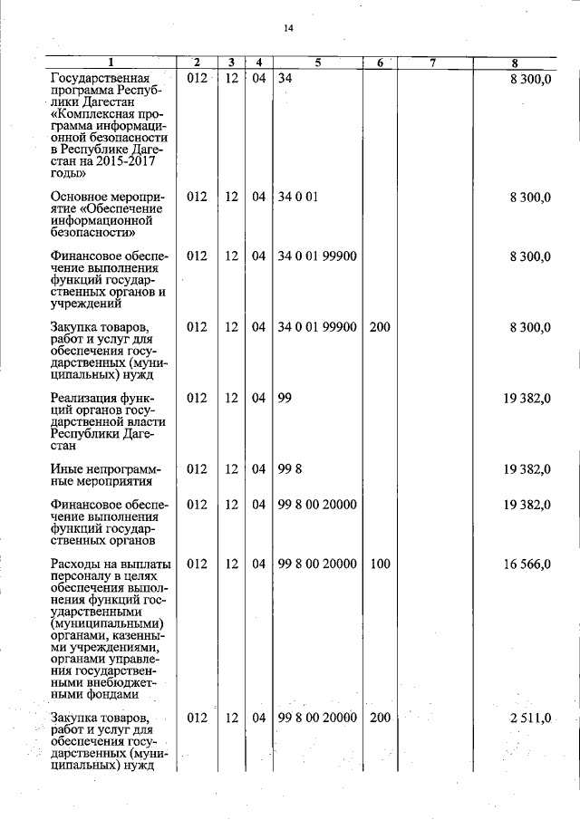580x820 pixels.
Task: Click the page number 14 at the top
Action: pos(288,28)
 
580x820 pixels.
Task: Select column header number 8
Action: pos(514,63)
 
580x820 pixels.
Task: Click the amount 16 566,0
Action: pos(527,564)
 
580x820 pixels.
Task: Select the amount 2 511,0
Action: pos(530,718)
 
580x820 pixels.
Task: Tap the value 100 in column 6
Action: pos(380,564)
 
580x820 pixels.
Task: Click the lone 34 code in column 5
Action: pos(285,79)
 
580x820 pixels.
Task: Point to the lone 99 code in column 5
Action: pos(285,398)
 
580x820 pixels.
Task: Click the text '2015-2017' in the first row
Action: pos(128,160)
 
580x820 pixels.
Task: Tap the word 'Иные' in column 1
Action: pos(68,468)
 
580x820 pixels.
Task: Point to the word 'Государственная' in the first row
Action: pos(100,79)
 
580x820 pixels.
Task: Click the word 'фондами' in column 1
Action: pos(109,695)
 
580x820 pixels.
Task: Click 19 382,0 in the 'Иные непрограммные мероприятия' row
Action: pos(527,468)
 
